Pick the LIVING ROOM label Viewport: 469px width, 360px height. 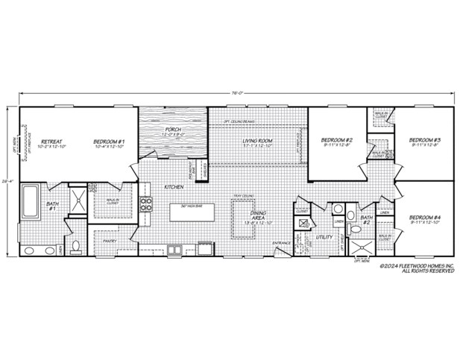point(259,139)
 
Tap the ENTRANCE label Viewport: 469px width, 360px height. point(281,243)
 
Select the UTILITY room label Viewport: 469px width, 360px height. point(324,238)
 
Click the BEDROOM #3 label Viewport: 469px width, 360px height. point(424,139)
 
